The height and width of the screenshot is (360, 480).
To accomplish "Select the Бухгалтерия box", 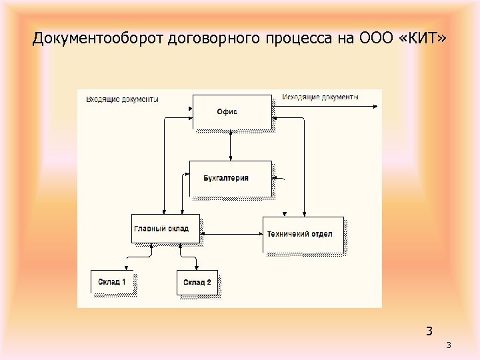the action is pos(230,178).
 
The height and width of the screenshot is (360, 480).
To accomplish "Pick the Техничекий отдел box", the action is pos(303,235).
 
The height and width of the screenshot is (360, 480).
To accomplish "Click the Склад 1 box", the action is pos(112,281).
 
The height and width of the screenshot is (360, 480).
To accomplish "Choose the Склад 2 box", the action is pos(197,282).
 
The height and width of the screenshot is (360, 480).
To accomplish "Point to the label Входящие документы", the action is pos(122,99).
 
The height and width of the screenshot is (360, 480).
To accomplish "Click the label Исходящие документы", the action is pos(320,97).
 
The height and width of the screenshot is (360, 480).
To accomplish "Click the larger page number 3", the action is pos(429,331).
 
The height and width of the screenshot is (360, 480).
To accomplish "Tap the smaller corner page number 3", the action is pos(449,345).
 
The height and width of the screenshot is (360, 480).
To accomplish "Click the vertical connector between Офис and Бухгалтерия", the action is pos(230,145).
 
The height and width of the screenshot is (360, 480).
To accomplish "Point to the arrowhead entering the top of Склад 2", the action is pos(198,268).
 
